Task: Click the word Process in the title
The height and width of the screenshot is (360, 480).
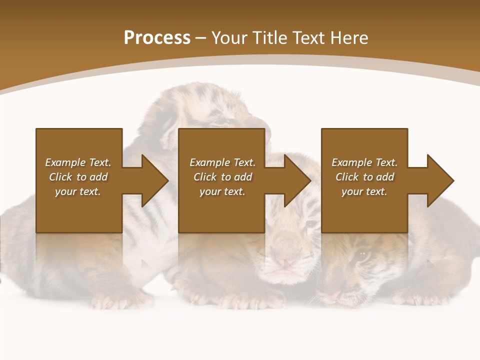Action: [x=157, y=38]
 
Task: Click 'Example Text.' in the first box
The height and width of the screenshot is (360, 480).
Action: [x=78, y=162]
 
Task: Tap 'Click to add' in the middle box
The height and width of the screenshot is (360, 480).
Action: [x=222, y=177]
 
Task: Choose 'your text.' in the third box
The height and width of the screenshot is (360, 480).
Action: [x=364, y=191]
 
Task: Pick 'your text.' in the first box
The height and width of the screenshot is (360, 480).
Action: [x=78, y=191]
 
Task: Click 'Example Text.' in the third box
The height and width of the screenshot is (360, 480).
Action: [x=364, y=162]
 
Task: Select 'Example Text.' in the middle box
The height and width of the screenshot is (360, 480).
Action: [x=222, y=162]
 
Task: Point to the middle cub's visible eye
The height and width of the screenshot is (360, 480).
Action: [x=311, y=223]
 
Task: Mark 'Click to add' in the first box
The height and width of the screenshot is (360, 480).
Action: [x=78, y=177]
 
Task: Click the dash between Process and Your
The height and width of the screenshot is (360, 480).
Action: [x=200, y=38]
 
